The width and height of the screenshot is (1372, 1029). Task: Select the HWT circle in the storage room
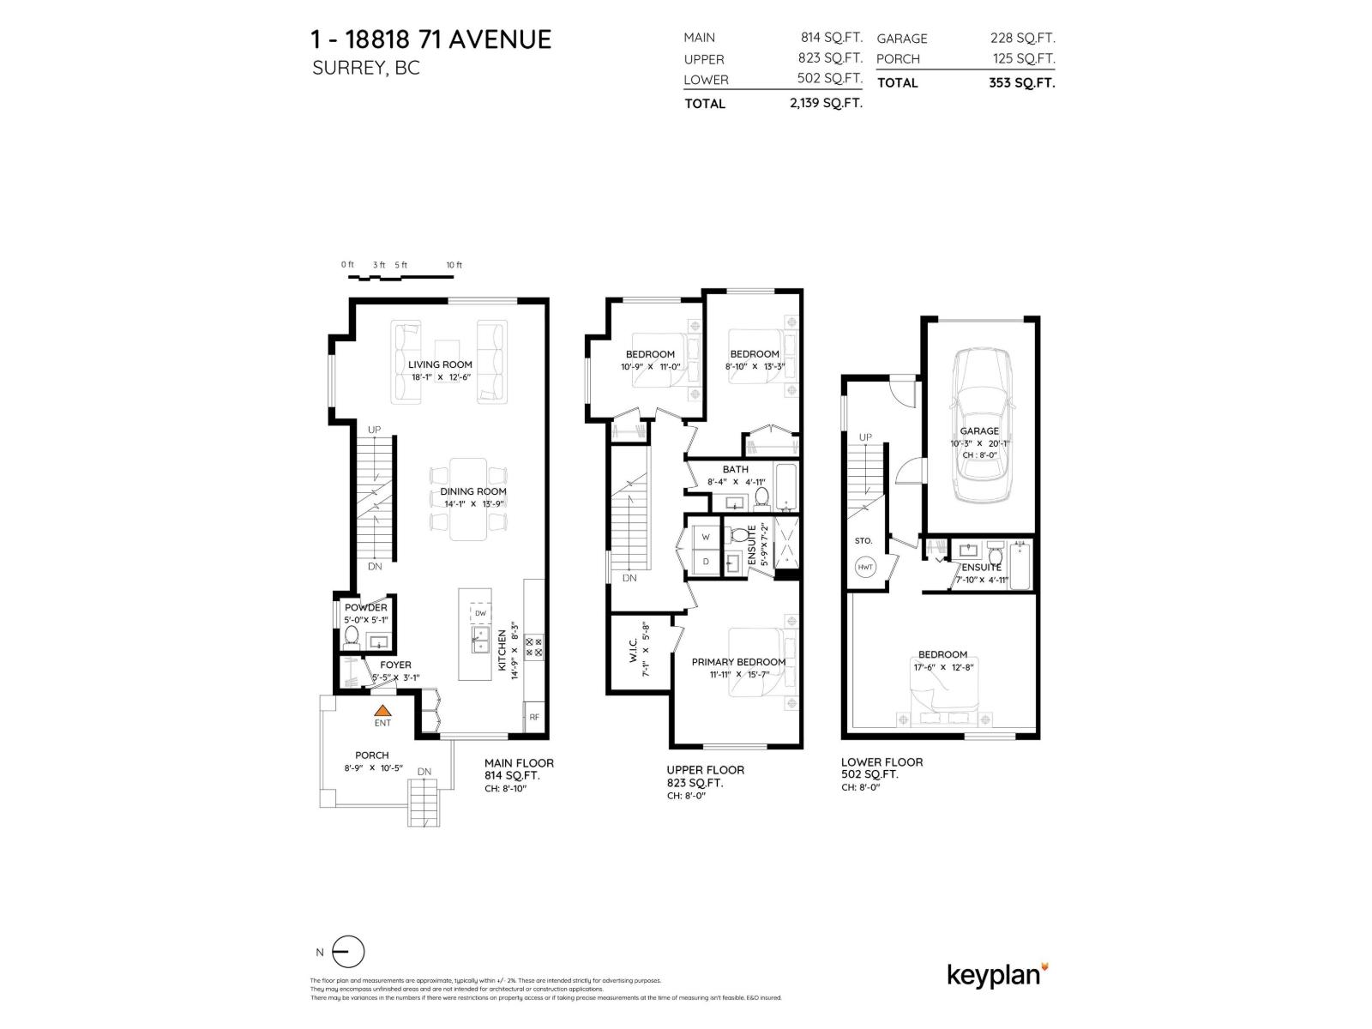tap(864, 567)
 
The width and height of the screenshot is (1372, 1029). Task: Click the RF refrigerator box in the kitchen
tap(533, 717)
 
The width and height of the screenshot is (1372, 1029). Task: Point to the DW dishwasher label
tap(480, 613)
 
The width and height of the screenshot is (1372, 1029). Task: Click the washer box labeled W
tap(706, 537)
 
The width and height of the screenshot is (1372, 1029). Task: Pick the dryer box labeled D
tap(706, 562)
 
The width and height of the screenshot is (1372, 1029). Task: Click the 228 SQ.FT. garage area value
tap(1021, 38)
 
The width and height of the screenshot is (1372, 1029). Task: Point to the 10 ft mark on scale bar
tap(454, 265)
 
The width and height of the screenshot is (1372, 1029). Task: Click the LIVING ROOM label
tap(440, 364)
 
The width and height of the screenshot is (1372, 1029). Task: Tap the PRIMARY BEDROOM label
tap(738, 662)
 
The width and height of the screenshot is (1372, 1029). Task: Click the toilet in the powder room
tap(351, 637)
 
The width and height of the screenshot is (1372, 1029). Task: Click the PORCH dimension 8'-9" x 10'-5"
tap(371, 767)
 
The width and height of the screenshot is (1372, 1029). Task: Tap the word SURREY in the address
tap(347, 68)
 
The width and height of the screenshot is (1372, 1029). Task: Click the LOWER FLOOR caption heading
tap(882, 761)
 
